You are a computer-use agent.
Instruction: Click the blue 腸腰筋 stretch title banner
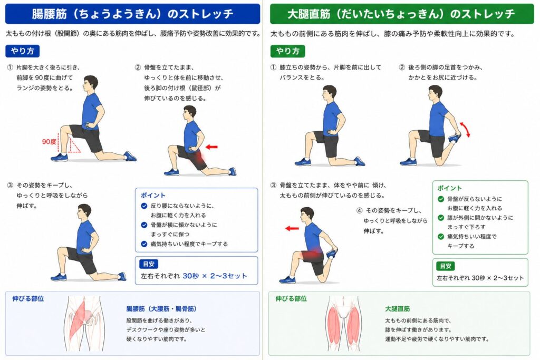click(132, 14)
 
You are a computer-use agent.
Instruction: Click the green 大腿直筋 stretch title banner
click(401, 14)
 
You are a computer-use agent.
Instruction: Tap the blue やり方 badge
click(22, 51)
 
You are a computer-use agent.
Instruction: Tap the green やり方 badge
click(287, 51)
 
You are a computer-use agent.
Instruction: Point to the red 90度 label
click(49, 141)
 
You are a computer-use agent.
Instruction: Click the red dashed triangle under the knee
click(74, 145)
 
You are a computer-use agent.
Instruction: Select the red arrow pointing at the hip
click(211, 147)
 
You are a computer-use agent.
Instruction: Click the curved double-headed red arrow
click(465, 130)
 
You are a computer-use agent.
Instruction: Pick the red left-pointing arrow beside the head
click(292, 228)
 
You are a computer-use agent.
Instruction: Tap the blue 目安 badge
click(148, 264)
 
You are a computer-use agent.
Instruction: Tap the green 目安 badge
click(445, 266)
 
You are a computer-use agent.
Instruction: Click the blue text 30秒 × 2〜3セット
click(215, 276)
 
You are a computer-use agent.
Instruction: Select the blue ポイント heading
click(153, 196)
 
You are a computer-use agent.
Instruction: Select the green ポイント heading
click(449, 188)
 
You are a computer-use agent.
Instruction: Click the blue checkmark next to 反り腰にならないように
click(144, 206)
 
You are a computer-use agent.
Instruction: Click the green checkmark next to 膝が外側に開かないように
click(441, 218)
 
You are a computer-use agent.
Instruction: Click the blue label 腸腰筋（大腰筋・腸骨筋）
click(161, 309)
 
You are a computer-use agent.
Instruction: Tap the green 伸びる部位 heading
click(291, 299)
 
